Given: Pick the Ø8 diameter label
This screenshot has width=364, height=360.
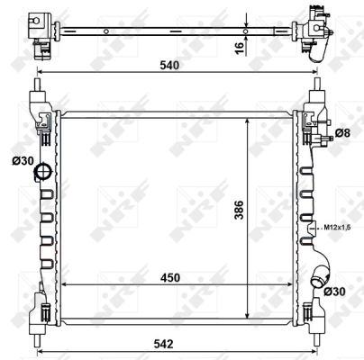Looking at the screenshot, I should pyautogui.click(x=342, y=134).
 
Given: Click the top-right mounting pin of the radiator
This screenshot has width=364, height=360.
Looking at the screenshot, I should pyautogui.click(x=317, y=87).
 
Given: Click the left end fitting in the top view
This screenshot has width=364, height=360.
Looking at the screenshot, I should pyautogui.click(x=39, y=26).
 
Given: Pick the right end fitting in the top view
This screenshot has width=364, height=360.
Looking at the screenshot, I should pyautogui.click(x=316, y=26).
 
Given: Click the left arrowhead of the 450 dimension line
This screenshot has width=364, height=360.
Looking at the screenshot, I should pyautogui.click(x=61, y=284).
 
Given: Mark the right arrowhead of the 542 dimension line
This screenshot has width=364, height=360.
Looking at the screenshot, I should pyautogui.click(x=318, y=351).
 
